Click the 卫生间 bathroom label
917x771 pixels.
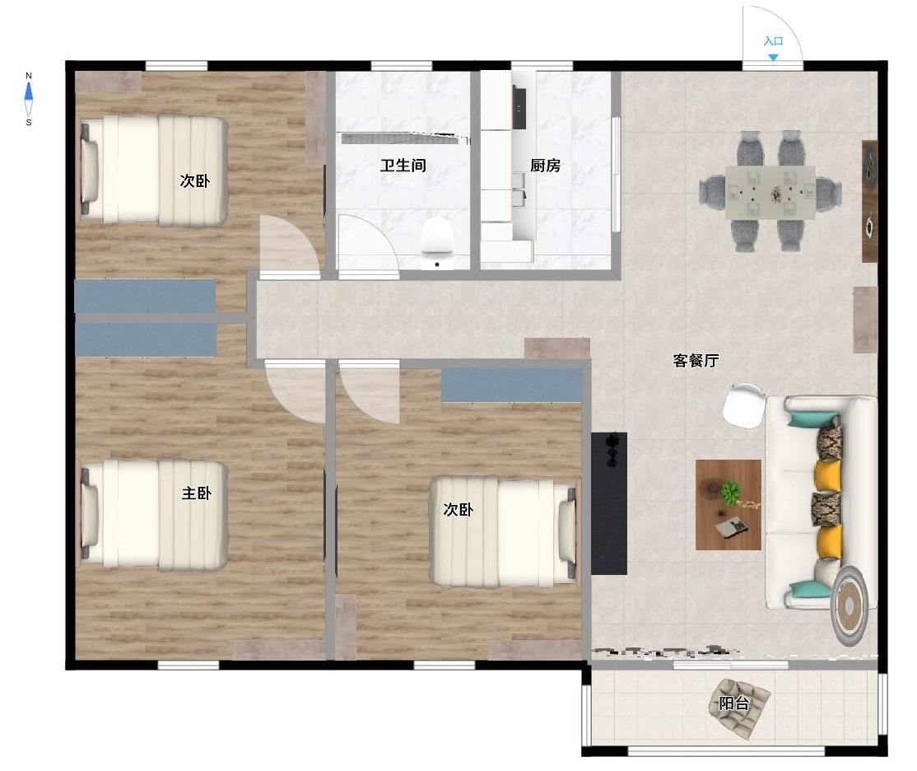point(403,165)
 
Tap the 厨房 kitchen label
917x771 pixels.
point(545,165)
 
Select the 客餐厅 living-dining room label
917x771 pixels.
point(696,360)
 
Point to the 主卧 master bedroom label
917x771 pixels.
point(196,493)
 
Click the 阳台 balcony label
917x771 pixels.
point(733,703)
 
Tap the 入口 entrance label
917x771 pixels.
point(773,41)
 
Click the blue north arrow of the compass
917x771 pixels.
point(29,92)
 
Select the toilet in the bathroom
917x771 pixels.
point(437,243)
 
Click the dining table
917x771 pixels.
point(770,192)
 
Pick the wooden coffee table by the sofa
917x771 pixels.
point(728,505)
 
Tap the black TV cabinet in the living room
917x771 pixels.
point(609,503)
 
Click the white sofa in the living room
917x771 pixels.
point(821,502)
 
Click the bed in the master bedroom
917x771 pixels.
point(154,515)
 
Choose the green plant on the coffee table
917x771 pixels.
point(730,493)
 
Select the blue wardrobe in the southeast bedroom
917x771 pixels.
point(512,385)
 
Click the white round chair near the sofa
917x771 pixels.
point(743,404)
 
